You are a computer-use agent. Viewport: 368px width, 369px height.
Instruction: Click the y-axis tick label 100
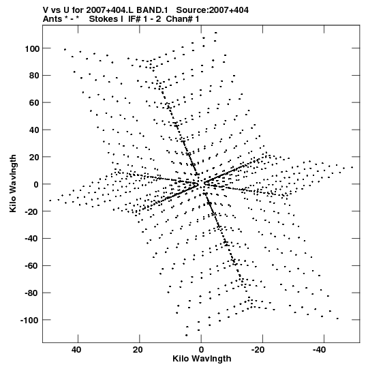pos(31,49)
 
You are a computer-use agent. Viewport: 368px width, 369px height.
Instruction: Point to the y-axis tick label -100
pos(29,321)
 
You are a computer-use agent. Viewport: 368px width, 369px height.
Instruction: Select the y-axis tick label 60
pos(33,103)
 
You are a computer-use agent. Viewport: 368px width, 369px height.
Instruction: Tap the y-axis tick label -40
pos(32,239)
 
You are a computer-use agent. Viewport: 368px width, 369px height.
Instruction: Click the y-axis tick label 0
pos(36,185)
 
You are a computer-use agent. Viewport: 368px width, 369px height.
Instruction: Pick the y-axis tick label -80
pos(32,293)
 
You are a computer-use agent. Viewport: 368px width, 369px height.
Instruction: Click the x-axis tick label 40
pos(76,350)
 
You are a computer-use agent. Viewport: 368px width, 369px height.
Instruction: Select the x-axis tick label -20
pos(258,350)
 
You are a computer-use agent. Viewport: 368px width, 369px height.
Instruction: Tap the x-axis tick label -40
pos(320,350)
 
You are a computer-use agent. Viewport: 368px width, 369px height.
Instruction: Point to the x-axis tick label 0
pos(201,350)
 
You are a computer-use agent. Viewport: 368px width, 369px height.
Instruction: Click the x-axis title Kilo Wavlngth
pos(202,359)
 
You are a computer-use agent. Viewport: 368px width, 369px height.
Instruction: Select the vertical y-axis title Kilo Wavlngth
pos(13,183)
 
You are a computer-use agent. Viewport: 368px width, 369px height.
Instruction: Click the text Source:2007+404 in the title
pos(212,10)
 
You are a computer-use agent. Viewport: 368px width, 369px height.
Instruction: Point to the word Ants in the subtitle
pos(52,19)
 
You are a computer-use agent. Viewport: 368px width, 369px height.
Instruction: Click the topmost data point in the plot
pos(215,33)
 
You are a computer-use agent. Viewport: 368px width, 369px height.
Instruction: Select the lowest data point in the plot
pos(187,336)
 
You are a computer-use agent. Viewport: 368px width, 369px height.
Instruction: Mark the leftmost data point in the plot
pos(50,201)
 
